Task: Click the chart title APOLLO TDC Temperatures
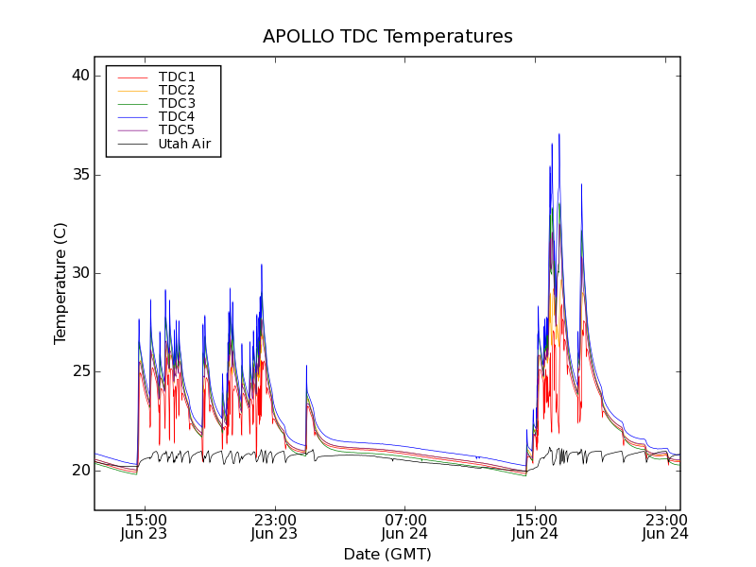click(387, 37)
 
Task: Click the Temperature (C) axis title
click(60, 283)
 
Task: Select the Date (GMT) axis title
click(387, 554)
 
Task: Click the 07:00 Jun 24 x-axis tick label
click(405, 526)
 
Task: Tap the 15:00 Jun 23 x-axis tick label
click(146, 526)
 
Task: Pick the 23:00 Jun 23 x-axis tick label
click(275, 526)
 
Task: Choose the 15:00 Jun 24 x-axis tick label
click(536, 526)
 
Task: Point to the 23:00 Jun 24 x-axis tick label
click(665, 526)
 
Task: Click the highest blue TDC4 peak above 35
click(558, 135)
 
